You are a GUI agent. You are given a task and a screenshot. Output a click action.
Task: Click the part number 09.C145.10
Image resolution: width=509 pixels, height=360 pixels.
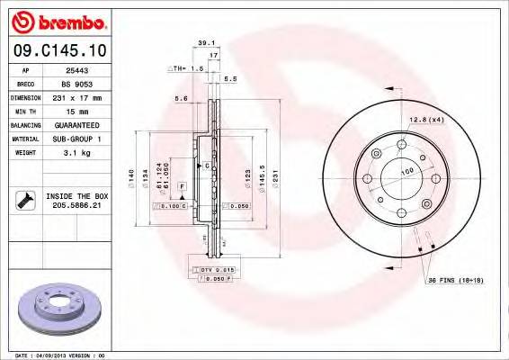click(x=59, y=52)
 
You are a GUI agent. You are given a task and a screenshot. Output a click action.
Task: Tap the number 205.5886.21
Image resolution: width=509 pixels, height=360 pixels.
click(x=76, y=206)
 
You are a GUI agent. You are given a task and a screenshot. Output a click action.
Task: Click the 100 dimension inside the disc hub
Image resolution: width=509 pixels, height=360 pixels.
click(x=406, y=170)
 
